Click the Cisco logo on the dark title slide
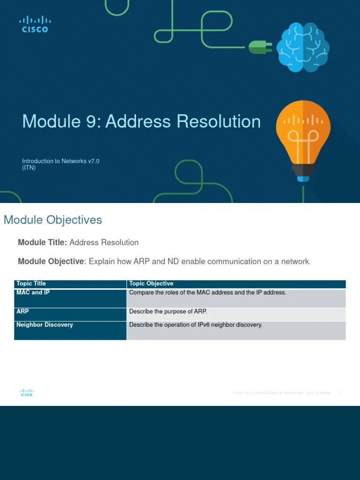pos(35,24)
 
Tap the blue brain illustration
pos(302,47)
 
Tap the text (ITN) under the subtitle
pos(29,168)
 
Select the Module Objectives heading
pos(52,220)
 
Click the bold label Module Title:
pos(43,242)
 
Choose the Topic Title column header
pos(31,284)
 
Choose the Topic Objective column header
pos(151,284)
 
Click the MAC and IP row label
pos(33,292)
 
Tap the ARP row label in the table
pos(22,311)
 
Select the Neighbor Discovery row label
pos(45,324)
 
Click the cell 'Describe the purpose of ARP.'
pos(168,311)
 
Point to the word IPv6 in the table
pos(201,324)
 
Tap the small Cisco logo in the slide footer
pos(27,392)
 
